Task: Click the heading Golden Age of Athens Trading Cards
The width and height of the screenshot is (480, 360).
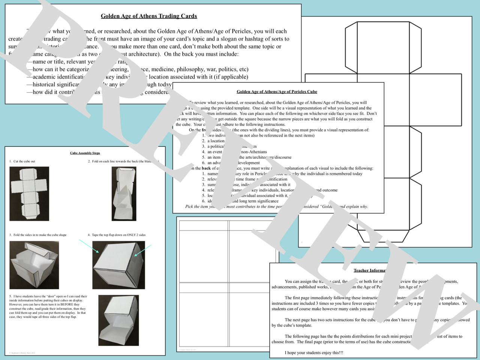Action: (x=149, y=16)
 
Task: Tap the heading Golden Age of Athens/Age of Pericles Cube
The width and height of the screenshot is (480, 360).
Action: (x=277, y=91)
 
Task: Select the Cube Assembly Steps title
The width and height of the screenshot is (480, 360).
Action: (x=85, y=153)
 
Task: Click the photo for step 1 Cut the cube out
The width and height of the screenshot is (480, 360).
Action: (x=29, y=194)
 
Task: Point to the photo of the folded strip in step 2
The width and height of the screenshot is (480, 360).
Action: (x=124, y=194)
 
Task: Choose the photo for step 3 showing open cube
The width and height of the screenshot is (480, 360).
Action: (x=34, y=265)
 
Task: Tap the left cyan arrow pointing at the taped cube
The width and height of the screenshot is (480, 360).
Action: (x=89, y=246)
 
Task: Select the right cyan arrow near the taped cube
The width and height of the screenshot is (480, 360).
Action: (x=143, y=251)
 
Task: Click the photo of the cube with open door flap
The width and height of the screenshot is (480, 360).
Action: (x=118, y=320)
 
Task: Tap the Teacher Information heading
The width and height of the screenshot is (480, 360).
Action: (x=369, y=270)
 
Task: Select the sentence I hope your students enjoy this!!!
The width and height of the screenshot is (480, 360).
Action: (x=314, y=353)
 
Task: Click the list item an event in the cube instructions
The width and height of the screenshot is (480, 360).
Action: (x=214, y=152)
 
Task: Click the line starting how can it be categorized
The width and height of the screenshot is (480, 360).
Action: (x=60, y=69)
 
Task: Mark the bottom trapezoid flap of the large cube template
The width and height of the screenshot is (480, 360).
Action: (x=383, y=236)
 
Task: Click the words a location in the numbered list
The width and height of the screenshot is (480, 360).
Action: (x=216, y=141)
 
